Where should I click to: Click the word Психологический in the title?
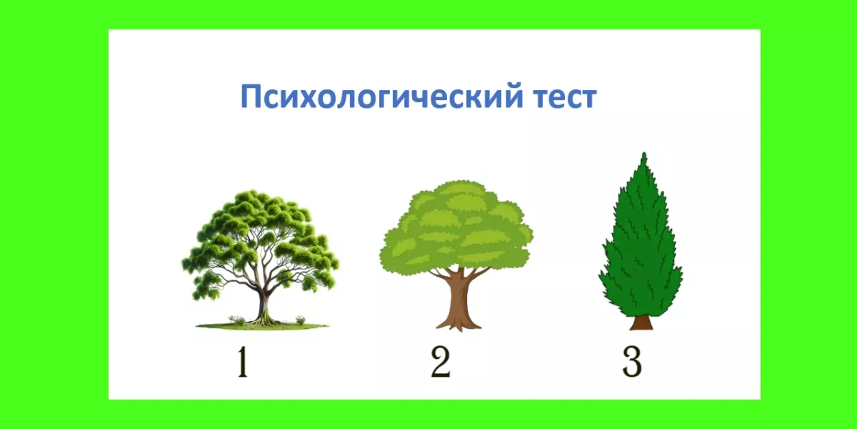click(381, 97)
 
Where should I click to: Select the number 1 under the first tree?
click(243, 362)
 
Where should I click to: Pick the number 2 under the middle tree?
click(441, 362)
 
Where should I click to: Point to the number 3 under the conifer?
click(631, 363)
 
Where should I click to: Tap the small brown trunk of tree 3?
click(641, 322)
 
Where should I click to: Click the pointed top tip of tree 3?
click(644, 153)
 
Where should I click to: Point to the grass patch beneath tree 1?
click(263, 326)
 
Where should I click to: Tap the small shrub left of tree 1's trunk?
click(237, 320)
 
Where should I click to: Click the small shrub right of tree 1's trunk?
click(301, 320)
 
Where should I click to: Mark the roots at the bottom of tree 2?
click(458, 325)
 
